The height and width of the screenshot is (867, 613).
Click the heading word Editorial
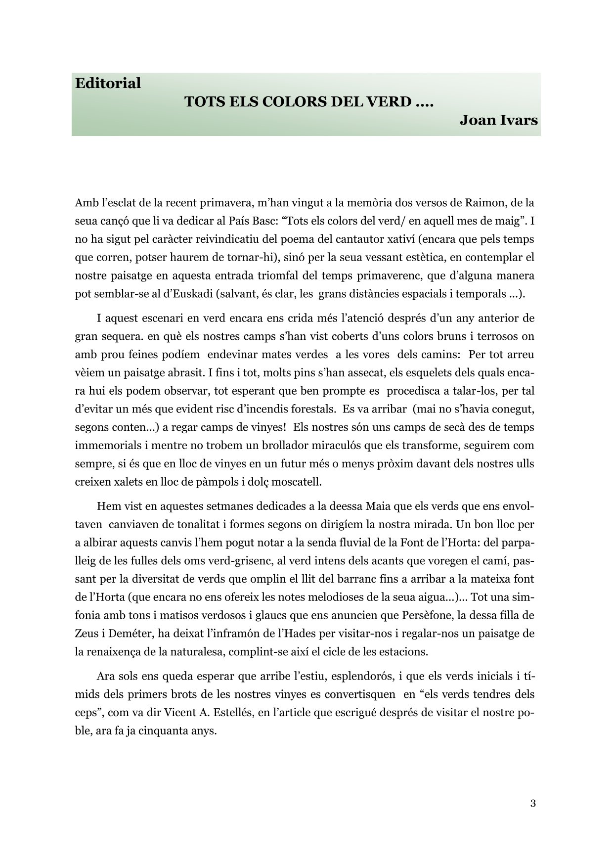click(108, 83)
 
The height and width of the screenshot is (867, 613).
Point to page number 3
click(533, 803)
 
